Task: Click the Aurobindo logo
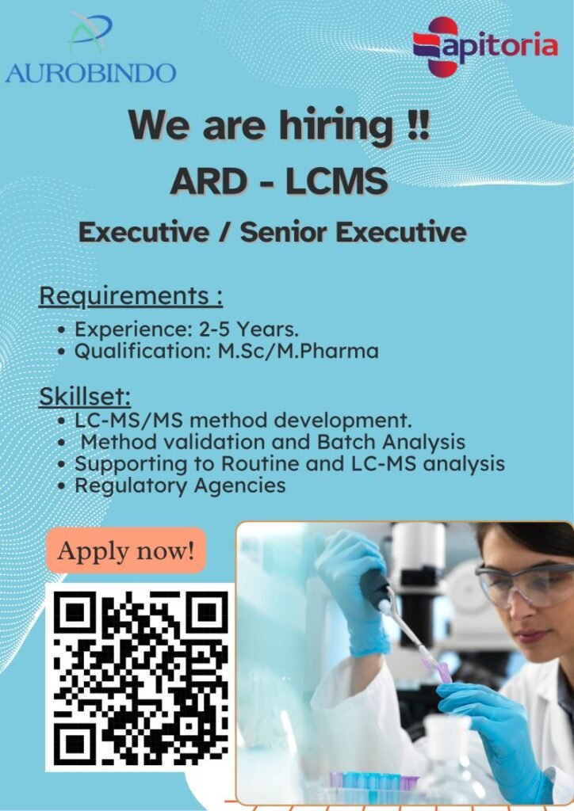pyautogui.click(x=90, y=49)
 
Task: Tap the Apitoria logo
pyautogui.click(x=485, y=46)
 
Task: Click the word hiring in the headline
pyautogui.click(x=337, y=125)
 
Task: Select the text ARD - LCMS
pyautogui.click(x=279, y=181)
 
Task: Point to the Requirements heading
pyautogui.click(x=131, y=297)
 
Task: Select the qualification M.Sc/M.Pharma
pyautogui.click(x=298, y=351)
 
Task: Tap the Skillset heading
pyautogui.click(x=85, y=397)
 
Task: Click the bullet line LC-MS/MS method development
pyautogui.click(x=243, y=421)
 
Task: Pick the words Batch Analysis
pyautogui.click(x=391, y=442)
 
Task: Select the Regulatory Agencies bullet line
pyautogui.click(x=180, y=485)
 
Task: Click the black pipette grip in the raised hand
pyautogui.click(x=374, y=588)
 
